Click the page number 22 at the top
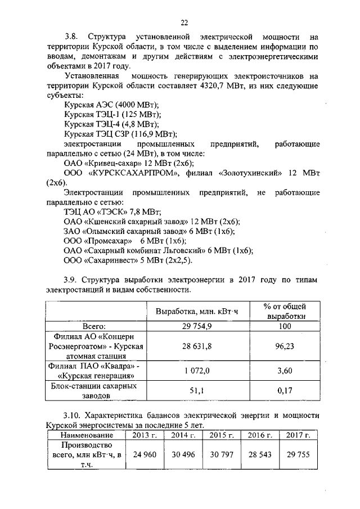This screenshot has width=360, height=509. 183,22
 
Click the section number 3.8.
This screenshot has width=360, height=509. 73,37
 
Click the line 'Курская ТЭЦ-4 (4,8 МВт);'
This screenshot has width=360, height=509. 111,124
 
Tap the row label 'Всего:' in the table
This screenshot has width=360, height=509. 94,326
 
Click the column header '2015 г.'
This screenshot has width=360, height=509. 221,435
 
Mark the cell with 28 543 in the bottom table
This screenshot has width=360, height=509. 259,454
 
